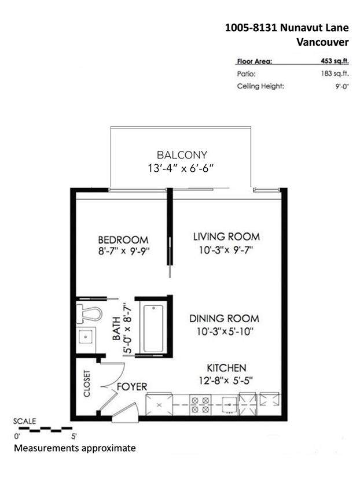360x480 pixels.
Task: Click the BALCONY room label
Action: (182, 155)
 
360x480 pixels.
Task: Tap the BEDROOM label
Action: (123, 239)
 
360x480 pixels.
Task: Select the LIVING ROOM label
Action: (226, 237)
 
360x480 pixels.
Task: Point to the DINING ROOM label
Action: (224, 319)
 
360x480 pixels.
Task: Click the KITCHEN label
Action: (226, 368)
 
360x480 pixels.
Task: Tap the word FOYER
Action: (132, 387)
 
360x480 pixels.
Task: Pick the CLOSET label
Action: (87, 383)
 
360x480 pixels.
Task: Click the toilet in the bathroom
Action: (89, 314)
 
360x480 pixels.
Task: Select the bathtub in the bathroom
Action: (153, 328)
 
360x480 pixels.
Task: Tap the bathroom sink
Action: (86, 338)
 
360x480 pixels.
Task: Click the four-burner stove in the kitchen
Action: (200, 404)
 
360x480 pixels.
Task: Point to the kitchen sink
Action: (229, 405)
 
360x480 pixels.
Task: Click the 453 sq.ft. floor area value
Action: (335, 61)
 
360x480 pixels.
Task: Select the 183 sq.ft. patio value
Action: (335, 73)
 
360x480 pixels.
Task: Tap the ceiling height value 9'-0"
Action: (342, 86)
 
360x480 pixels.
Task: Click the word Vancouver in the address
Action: (322, 42)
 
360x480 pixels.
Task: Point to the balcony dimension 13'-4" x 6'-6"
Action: (181, 168)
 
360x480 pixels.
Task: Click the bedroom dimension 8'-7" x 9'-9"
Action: (124, 252)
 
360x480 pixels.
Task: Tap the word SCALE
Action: (24, 421)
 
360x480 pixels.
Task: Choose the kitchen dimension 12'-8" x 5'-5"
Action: (226, 381)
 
